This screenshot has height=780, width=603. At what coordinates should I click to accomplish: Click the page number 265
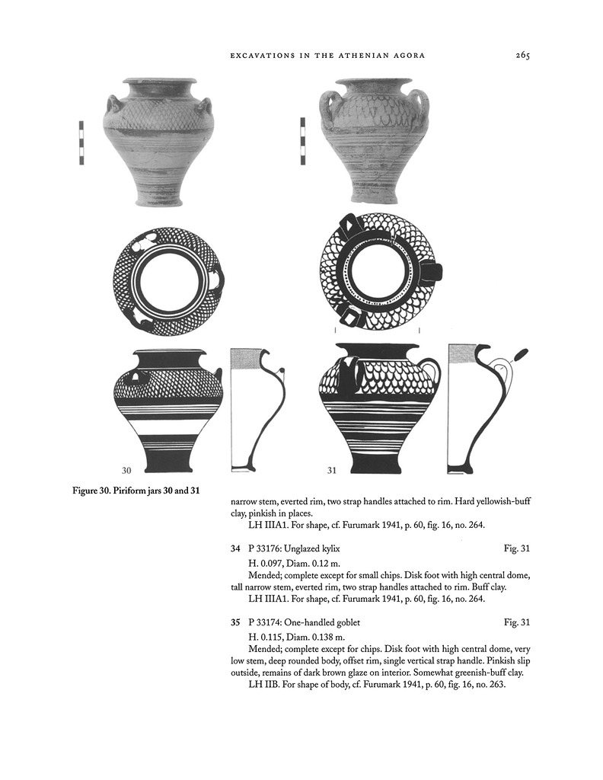(x=522, y=55)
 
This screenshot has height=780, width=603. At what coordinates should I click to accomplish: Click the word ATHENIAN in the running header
(x=362, y=56)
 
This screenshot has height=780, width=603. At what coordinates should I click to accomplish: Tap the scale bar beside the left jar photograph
(x=81, y=142)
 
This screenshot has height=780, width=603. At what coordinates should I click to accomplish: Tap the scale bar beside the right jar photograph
(x=302, y=141)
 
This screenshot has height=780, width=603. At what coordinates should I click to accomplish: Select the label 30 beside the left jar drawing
(x=126, y=470)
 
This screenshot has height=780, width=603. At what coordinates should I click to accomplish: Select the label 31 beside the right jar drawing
(x=332, y=470)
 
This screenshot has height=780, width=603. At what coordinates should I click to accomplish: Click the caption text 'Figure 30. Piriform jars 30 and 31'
(x=136, y=491)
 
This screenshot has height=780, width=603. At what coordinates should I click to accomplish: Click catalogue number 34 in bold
(x=235, y=548)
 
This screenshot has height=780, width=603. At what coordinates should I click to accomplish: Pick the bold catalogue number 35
(x=235, y=622)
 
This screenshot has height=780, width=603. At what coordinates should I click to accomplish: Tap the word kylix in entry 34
(x=331, y=549)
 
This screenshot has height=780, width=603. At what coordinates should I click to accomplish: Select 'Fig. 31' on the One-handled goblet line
(x=517, y=622)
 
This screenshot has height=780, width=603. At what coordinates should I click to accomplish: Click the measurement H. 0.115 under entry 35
(x=265, y=638)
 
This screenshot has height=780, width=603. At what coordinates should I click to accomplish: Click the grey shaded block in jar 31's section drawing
(x=462, y=353)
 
